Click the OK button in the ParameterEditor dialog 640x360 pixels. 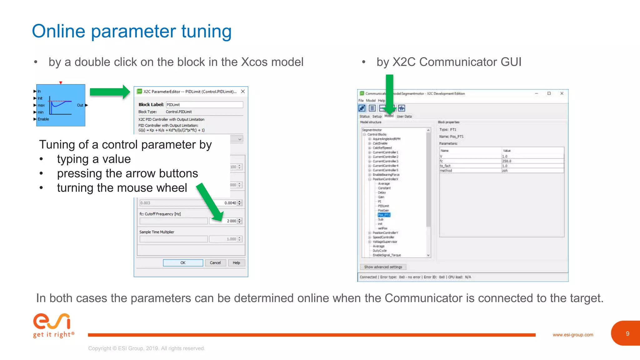[x=183, y=263]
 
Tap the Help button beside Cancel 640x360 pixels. [x=236, y=263]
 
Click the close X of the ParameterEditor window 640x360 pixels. [x=243, y=92]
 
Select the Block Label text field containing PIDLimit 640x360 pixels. [x=204, y=105]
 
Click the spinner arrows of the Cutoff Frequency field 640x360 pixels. [x=240, y=221]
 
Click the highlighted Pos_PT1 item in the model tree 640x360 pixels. [x=384, y=215]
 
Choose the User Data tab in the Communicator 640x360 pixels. [x=404, y=116]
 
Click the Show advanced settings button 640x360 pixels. [x=383, y=267]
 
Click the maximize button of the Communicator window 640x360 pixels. [x=549, y=93]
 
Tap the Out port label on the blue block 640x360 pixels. [x=80, y=105]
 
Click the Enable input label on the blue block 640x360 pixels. [x=43, y=119]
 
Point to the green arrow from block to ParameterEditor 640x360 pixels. [x=110, y=92]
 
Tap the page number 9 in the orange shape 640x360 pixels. [x=627, y=334]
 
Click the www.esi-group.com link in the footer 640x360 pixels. [x=573, y=335]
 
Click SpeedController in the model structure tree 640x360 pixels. [x=383, y=237]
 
